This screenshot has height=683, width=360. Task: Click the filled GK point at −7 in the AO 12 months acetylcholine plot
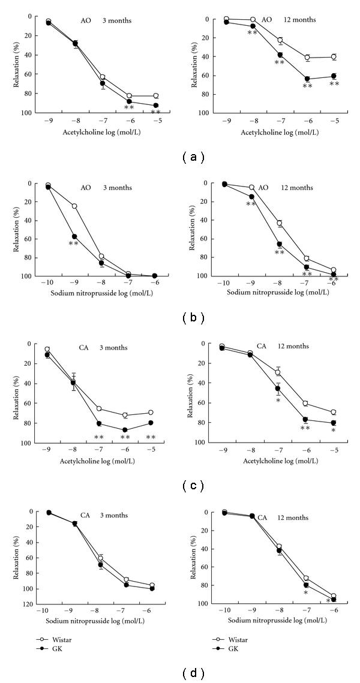280,55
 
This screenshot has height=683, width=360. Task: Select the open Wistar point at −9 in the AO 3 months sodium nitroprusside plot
74,206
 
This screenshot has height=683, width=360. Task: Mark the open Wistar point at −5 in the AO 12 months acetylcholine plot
334,57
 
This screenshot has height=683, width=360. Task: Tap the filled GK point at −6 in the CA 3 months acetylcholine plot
125,429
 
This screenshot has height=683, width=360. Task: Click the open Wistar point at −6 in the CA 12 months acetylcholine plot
305,403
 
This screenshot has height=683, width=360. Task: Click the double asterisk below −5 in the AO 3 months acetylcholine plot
155,112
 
